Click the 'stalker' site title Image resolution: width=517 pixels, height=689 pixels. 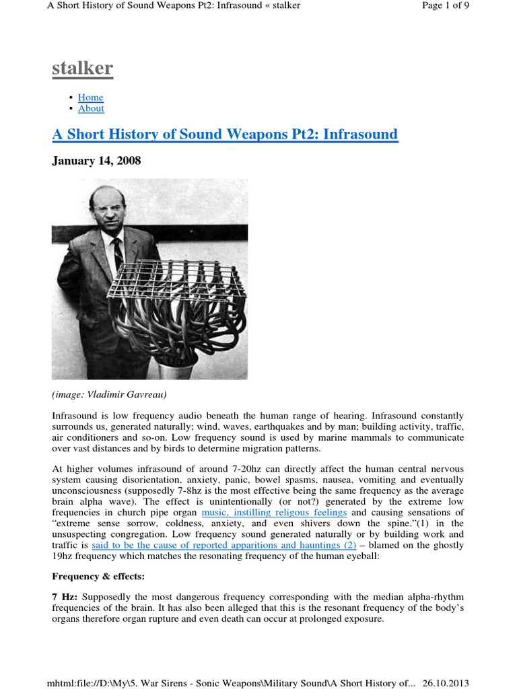click(83, 69)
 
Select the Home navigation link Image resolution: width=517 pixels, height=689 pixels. click(90, 98)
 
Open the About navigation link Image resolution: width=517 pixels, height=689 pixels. click(91, 108)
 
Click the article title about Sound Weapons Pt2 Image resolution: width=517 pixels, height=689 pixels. click(225, 135)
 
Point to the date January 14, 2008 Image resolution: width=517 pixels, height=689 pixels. click(96, 161)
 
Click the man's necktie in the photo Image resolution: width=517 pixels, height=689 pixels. click(118, 254)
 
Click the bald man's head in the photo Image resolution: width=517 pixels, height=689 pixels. click(108, 206)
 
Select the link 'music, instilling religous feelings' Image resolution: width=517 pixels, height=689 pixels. click(274, 513)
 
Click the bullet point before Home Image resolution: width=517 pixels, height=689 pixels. click(71, 98)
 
